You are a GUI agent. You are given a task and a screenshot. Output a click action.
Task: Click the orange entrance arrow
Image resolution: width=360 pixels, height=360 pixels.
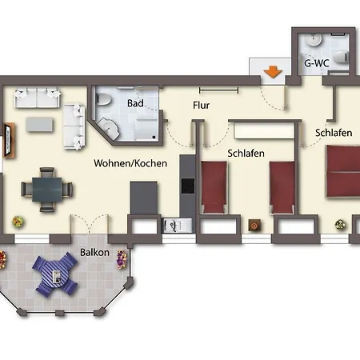273,72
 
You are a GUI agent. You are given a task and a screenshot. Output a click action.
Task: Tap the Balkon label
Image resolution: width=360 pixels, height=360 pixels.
94,252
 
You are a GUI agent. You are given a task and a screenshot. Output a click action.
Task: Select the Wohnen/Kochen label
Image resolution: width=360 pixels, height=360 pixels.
130,163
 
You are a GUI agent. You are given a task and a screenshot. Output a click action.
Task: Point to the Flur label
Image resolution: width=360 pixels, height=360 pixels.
201,105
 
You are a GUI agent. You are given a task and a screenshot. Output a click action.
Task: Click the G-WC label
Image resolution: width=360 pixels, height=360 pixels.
317,63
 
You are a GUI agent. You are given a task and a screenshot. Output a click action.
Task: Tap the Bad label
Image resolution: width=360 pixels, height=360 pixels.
135,103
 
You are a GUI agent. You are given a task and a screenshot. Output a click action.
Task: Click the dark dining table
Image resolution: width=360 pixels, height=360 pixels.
47,190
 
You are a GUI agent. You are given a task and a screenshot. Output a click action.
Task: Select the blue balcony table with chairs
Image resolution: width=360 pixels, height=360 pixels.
55,274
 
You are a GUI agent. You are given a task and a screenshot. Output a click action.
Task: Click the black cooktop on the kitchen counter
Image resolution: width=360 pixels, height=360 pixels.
188,186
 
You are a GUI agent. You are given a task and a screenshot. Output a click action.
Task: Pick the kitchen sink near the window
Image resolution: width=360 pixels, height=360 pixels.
178,226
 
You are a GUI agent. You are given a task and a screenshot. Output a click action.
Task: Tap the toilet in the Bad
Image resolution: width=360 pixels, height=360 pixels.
103,99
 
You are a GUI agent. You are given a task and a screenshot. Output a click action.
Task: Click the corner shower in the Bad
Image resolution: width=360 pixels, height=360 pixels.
108,129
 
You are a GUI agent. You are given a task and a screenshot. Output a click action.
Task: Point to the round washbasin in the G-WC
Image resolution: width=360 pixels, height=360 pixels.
313,40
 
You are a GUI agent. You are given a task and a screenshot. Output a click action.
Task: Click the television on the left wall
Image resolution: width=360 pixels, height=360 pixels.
9,139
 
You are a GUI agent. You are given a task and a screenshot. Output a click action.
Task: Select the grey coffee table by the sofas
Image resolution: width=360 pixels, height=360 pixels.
39,125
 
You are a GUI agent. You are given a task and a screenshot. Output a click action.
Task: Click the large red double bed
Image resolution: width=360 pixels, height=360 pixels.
343,171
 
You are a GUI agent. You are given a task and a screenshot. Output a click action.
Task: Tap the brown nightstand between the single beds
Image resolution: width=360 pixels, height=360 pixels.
254,226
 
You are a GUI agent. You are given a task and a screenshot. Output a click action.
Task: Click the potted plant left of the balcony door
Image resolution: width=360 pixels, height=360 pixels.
18,222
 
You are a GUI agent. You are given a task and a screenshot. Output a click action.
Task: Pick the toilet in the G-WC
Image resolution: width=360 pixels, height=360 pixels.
342,58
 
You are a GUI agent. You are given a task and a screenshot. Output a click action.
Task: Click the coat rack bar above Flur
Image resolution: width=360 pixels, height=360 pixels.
218,90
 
